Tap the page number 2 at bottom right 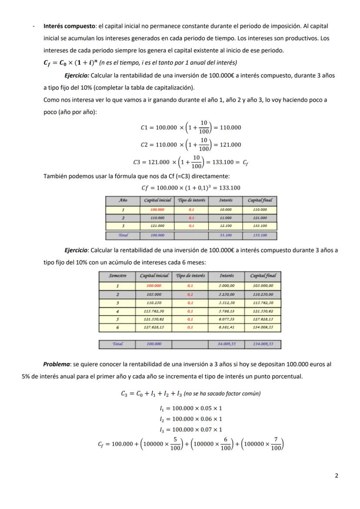(x=336, y=476)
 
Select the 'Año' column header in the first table (x=123, y=200)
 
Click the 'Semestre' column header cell (x=117, y=276)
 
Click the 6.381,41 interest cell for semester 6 (x=227, y=328)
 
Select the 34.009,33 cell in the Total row (x=227, y=344)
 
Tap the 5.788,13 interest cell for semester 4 (x=227, y=311)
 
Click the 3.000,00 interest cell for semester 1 (x=227, y=286)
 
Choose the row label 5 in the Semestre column (x=117, y=319)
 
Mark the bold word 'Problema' (x=56, y=364)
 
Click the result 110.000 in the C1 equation (x=230, y=128)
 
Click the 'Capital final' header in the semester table (x=263, y=276)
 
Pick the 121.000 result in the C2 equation (x=230, y=145)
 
